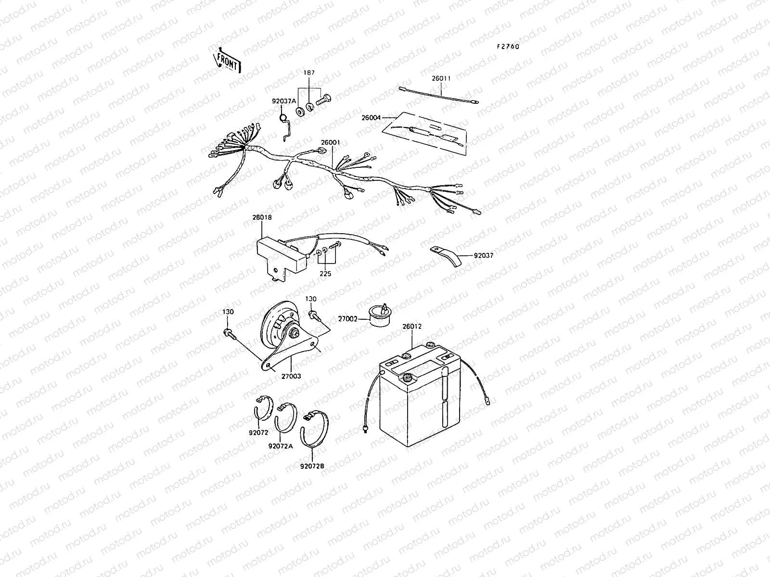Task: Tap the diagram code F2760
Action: coord(508,47)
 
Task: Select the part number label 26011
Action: coord(441,78)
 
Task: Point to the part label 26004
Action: coord(371,118)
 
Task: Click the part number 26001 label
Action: coord(331,143)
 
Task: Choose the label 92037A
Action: coord(284,101)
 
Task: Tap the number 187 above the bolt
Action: coord(309,73)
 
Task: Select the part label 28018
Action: coord(262,217)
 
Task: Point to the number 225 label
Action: coord(325,274)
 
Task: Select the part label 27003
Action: coord(291,376)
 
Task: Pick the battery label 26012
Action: coord(412,326)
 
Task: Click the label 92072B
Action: coord(312,466)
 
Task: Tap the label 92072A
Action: coord(281,446)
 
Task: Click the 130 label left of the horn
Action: coord(228,312)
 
